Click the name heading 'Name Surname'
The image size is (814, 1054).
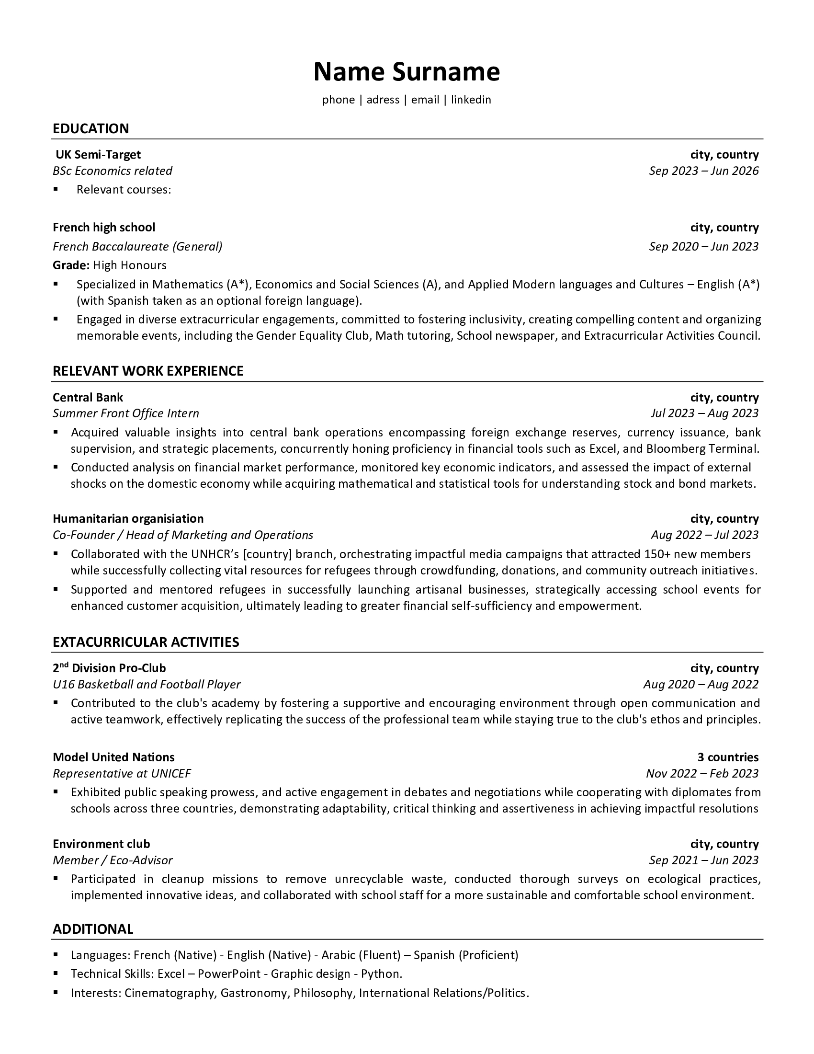click(x=407, y=72)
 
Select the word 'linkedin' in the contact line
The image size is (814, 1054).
click(x=471, y=100)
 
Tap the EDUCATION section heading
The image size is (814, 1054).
click(x=90, y=128)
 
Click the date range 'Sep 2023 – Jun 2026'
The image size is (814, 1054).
click(x=703, y=171)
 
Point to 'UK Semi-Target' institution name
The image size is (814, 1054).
click(x=98, y=154)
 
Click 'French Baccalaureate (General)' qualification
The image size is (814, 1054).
click(x=137, y=247)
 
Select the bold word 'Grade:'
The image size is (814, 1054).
click(x=71, y=265)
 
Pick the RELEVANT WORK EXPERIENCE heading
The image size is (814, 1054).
click(x=148, y=371)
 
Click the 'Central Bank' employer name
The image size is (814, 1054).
click(x=88, y=397)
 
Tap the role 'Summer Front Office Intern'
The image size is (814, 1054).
click(x=125, y=413)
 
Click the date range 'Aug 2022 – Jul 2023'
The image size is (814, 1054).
click(x=704, y=535)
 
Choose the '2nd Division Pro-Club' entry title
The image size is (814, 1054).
click(x=109, y=668)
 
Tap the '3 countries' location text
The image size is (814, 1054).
click(x=728, y=757)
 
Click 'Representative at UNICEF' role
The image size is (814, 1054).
click(x=122, y=774)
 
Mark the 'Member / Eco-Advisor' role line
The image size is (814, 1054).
click(x=113, y=860)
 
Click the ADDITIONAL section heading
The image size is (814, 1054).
click(x=92, y=929)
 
